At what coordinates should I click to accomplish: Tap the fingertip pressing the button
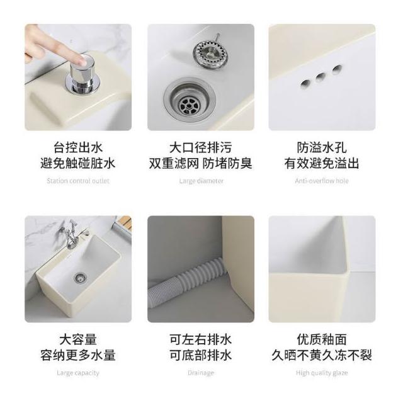pyautogui.click(x=84, y=60)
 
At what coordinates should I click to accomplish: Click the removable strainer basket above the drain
pyautogui.click(x=211, y=54)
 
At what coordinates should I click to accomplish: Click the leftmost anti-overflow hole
pyautogui.click(x=306, y=84)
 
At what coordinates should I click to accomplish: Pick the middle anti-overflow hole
pyautogui.click(x=321, y=77)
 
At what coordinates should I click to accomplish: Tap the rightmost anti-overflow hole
pyautogui.click(x=337, y=69)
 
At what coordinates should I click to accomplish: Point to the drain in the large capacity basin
pyautogui.click(x=80, y=278)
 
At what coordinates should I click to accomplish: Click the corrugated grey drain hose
pyautogui.click(x=188, y=281)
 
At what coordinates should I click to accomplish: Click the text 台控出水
pyautogui.click(x=78, y=147)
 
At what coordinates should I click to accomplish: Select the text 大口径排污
pyautogui.click(x=201, y=147)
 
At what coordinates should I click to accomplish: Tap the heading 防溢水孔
pyautogui.click(x=322, y=147)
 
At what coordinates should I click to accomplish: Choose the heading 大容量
pyautogui.click(x=78, y=339)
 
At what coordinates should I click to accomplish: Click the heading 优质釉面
pyautogui.click(x=322, y=339)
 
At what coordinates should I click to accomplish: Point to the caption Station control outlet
pyautogui.click(x=78, y=181)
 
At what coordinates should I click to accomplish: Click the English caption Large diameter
pyautogui.click(x=201, y=181)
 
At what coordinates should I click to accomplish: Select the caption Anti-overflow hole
pyautogui.click(x=322, y=181)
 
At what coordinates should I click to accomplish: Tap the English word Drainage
pyautogui.click(x=201, y=373)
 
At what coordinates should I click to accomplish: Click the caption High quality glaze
pyautogui.click(x=322, y=373)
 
